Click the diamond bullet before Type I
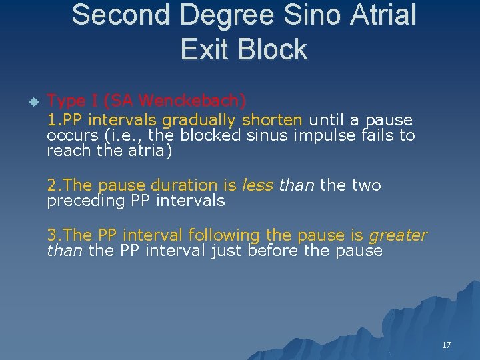34,102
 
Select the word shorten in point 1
272,120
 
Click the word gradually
199,120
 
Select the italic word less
257,185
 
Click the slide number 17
446,345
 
